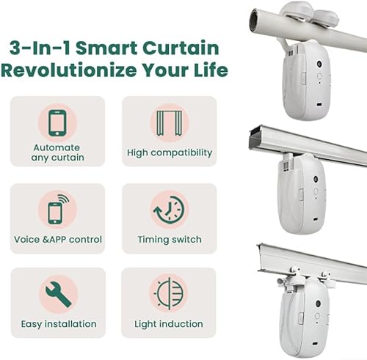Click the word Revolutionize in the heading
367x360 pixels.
point(69,70)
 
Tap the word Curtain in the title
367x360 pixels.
point(181,48)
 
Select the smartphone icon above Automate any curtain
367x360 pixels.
point(57,122)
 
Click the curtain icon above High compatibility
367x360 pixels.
point(170,123)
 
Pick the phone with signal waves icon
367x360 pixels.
point(58,209)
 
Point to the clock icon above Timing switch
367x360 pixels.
point(169,210)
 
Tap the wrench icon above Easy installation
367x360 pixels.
point(59,294)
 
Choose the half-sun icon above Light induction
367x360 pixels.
point(169,293)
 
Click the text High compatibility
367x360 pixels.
point(170,153)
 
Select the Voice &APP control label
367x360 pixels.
point(58,240)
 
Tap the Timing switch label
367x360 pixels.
point(170,240)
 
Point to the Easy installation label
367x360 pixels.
point(59,324)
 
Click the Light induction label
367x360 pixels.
point(169,324)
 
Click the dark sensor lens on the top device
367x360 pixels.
point(319,64)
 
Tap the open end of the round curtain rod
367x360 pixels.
point(253,20)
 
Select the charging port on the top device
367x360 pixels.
point(319,104)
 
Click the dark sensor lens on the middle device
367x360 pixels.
point(316,179)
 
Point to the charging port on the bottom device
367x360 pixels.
point(314,344)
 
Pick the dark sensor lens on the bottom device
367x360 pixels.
point(318,304)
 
